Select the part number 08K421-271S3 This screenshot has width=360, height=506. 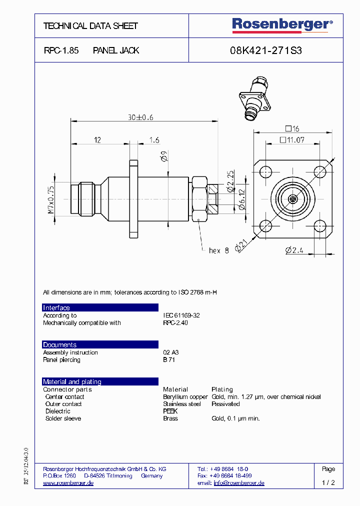[x=265, y=50]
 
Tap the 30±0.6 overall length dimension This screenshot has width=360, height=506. [x=140, y=117]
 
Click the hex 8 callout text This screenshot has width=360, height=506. [x=218, y=250]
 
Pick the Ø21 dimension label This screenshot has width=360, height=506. [x=241, y=244]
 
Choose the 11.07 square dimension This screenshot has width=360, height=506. [x=292, y=140]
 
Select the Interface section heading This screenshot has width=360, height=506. [x=56, y=308]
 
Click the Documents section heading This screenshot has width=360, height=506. [x=60, y=345]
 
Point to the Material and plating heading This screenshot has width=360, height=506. [x=72, y=382]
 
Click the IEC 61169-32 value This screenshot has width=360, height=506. [x=181, y=315]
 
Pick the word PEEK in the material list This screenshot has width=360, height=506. [x=170, y=411]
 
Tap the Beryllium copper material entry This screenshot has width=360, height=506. [x=185, y=396]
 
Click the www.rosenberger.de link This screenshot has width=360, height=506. [x=68, y=483]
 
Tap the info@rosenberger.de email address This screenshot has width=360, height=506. [x=238, y=483]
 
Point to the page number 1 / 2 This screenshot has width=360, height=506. [x=328, y=483]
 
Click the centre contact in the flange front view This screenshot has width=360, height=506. [x=292, y=199]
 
